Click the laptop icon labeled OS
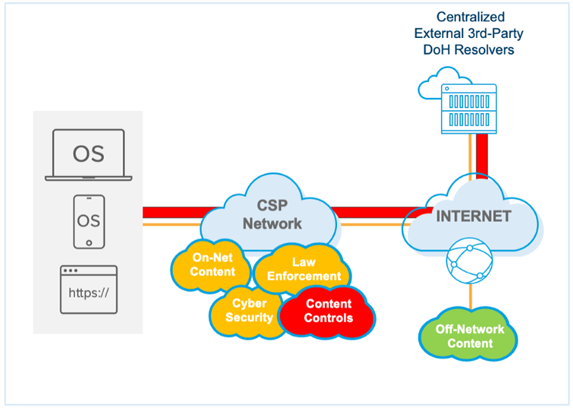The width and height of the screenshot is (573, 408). pyautogui.click(x=88, y=154)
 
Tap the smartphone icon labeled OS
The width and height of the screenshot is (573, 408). pyautogui.click(x=88, y=221)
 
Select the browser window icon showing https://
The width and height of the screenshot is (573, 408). pyautogui.click(x=88, y=289)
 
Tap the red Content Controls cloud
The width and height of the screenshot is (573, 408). pyautogui.click(x=328, y=311)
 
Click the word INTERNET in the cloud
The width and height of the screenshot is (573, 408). pyautogui.click(x=473, y=216)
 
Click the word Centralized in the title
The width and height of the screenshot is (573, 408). pyautogui.click(x=471, y=16)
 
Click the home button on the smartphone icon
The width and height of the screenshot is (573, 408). pyautogui.click(x=88, y=242)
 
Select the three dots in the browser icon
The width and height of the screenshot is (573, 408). pyautogui.click(x=73, y=271)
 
